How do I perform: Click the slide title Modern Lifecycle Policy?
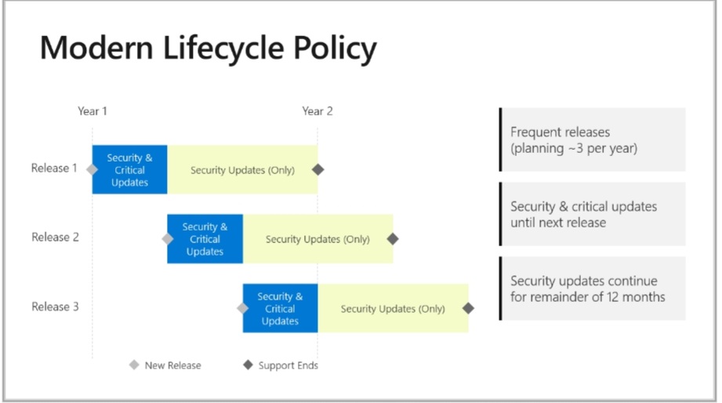pos(208,49)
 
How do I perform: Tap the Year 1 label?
pos(93,111)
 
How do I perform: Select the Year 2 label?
pos(317,111)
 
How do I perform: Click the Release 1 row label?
pos(54,168)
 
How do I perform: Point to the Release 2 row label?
pos(55,238)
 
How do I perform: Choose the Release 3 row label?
pos(55,307)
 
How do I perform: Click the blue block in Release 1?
pos(130,169)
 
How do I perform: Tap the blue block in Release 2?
pos(205,239)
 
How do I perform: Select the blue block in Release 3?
pos(280,308)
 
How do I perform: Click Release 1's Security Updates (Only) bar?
pos(242,170)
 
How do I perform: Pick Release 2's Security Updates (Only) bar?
pos(317,239)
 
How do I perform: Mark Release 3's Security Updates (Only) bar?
pos(393,309)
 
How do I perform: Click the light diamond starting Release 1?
pos(93,169)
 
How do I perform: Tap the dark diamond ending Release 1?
pos(317,169)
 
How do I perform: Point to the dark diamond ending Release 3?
pos(468,308)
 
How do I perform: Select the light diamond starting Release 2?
pos(167,239)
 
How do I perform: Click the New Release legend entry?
pos(165,365)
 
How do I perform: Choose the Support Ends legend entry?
pos(281,365)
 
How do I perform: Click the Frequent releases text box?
pos(593,140)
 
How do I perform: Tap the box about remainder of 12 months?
pos(593,289)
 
